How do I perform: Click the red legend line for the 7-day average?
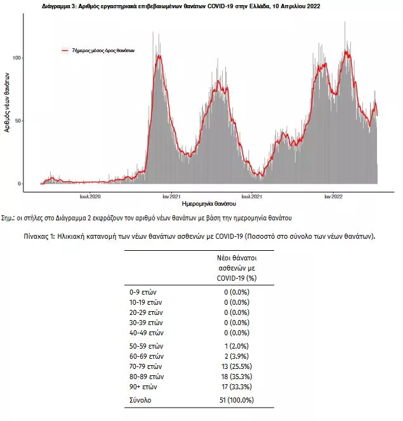point(65,50)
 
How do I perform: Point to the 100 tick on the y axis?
point(17,58)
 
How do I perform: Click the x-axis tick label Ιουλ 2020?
point(90,197)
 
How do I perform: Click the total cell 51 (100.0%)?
point(235,400)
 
